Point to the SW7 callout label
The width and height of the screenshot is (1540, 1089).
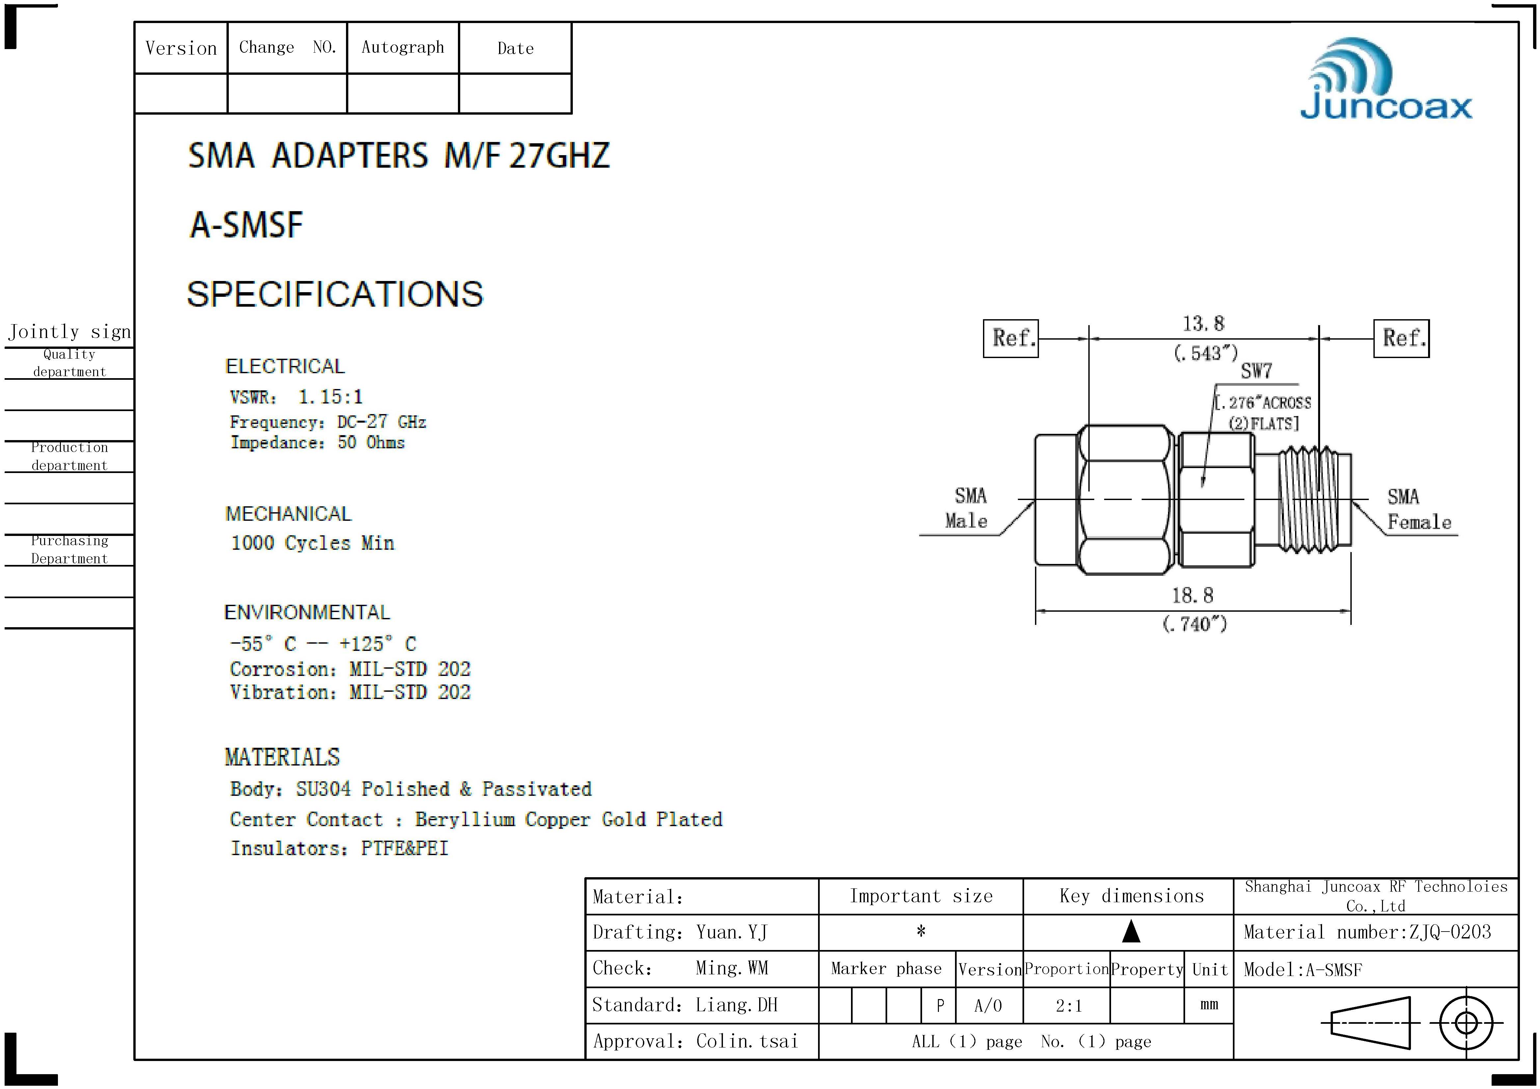click(x=1256, y=371)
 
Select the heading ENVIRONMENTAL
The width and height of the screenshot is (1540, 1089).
click(x=306, y=613)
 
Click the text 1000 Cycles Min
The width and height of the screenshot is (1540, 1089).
click(x=312, y=543)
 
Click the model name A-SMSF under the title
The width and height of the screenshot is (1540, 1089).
click(x=246, y=225)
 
